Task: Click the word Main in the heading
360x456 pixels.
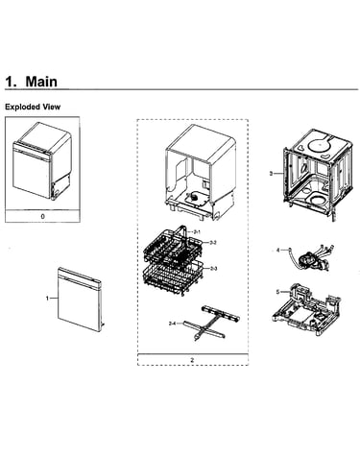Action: pyautogui.click(x=41, y=82)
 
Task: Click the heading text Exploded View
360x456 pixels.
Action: pyautogui.click(x=33, y=107)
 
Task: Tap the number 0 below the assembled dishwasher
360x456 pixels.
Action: pyautogui.click(x=43, y=216)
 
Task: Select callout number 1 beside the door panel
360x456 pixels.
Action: pyautogui.click(x=47, y=299)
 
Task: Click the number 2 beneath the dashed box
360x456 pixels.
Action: pyautogui.click(x=192, y=360)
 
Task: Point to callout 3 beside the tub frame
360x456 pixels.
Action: pyautogui.click(x=271, y=174)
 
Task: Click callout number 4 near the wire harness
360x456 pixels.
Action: pyautogui.click(x=277, y=250)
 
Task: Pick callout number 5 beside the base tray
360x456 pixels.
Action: pyautogui.click(x=277, y=292)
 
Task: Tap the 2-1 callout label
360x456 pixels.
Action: pyautogui.click(x=197, y=231)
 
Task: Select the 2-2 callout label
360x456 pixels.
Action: pyautogui.click(x=213, y=243)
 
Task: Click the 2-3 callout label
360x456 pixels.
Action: pyautogui.click(x=214, y=269)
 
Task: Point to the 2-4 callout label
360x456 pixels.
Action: pyautogui.click(x=172, y=324)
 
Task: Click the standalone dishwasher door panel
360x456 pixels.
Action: pyautogui.click(x=80, y=300)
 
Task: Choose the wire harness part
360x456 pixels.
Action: pyautogui.click(x=310, y=258)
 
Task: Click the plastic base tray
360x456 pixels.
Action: pyautogui.click(x=306, y=309)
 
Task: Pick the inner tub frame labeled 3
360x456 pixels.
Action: pyautogui.click(x=318, y=174)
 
